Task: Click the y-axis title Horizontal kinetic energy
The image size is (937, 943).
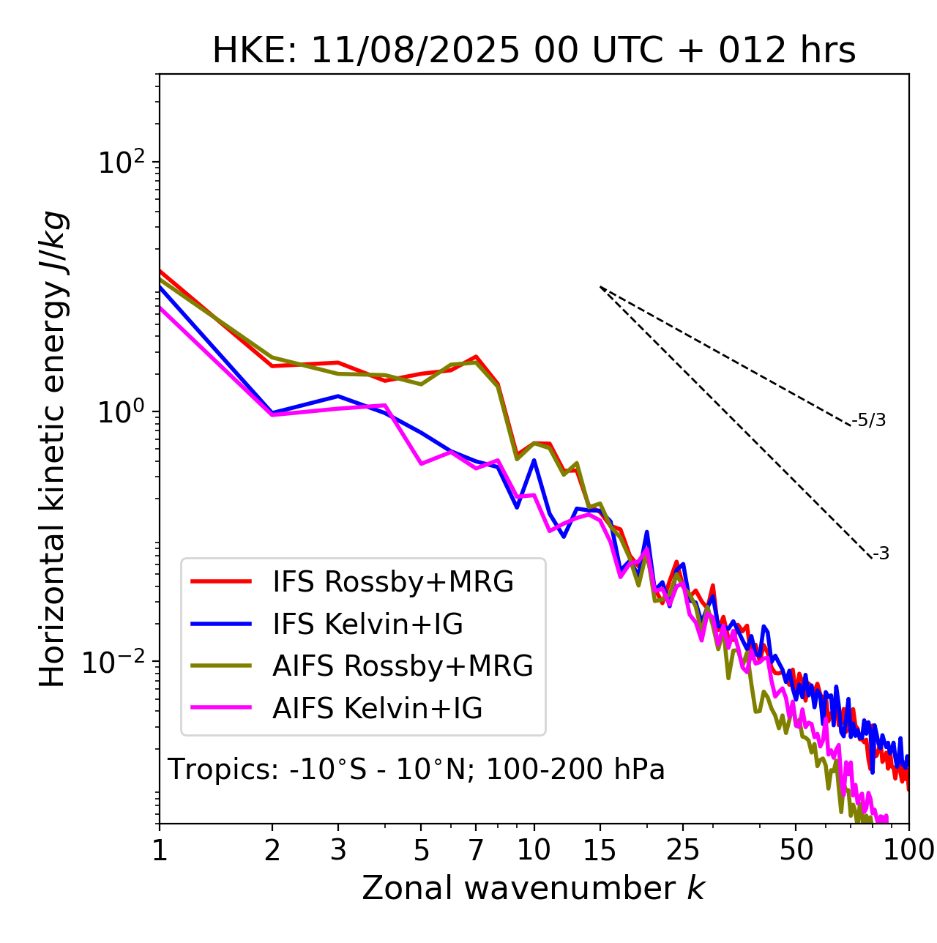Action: click(53, 449)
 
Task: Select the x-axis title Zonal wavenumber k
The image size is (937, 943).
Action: click(533, 888)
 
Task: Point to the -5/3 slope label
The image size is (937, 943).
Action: click(869, 420)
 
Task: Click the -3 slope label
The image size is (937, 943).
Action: click(881, 553)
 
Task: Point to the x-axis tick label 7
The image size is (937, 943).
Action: click(476, 850)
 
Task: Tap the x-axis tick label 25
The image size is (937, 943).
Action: click(683, 850)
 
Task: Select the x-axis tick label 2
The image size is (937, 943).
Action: click(272, 850)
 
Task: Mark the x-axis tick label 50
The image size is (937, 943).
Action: click(796, 850)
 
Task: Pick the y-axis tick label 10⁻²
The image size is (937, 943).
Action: click(117, 661)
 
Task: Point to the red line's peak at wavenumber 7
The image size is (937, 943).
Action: click(476, 357)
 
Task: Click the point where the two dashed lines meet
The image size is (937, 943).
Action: click(600, 287)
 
